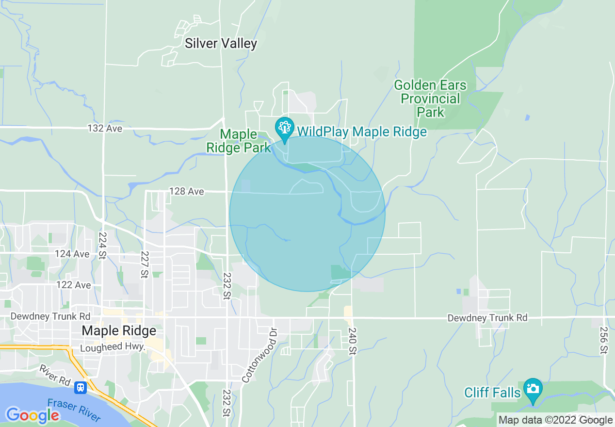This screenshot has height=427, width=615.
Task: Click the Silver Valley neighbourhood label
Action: click(221, 43)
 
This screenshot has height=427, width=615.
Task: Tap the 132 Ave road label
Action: click(105, 129)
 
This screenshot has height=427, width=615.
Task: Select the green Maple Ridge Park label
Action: click(238, 141)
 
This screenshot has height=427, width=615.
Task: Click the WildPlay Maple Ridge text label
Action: click(362, 131)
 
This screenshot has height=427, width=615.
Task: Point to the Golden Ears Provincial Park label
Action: click(430, 99)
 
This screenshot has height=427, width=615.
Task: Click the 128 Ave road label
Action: click(187, 192)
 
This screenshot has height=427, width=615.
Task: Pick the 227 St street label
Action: click(145, 264)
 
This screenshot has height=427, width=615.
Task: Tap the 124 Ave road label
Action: click(72, 254)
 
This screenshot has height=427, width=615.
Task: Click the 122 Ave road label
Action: click(73, 285)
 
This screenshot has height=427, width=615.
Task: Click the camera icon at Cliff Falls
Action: click(533, 389)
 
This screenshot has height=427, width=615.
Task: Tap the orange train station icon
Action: click(81, 388)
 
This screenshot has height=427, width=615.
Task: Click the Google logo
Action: click(32, 415)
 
